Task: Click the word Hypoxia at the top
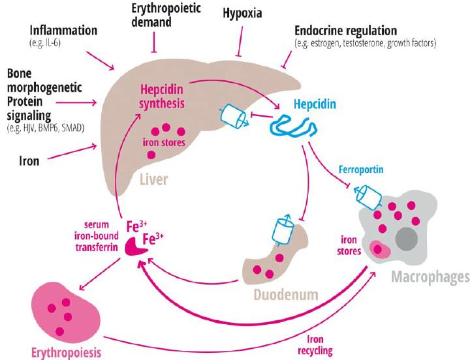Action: point(243,13)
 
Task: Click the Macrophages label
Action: point(430,278)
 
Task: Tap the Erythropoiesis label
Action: point(65,352)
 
